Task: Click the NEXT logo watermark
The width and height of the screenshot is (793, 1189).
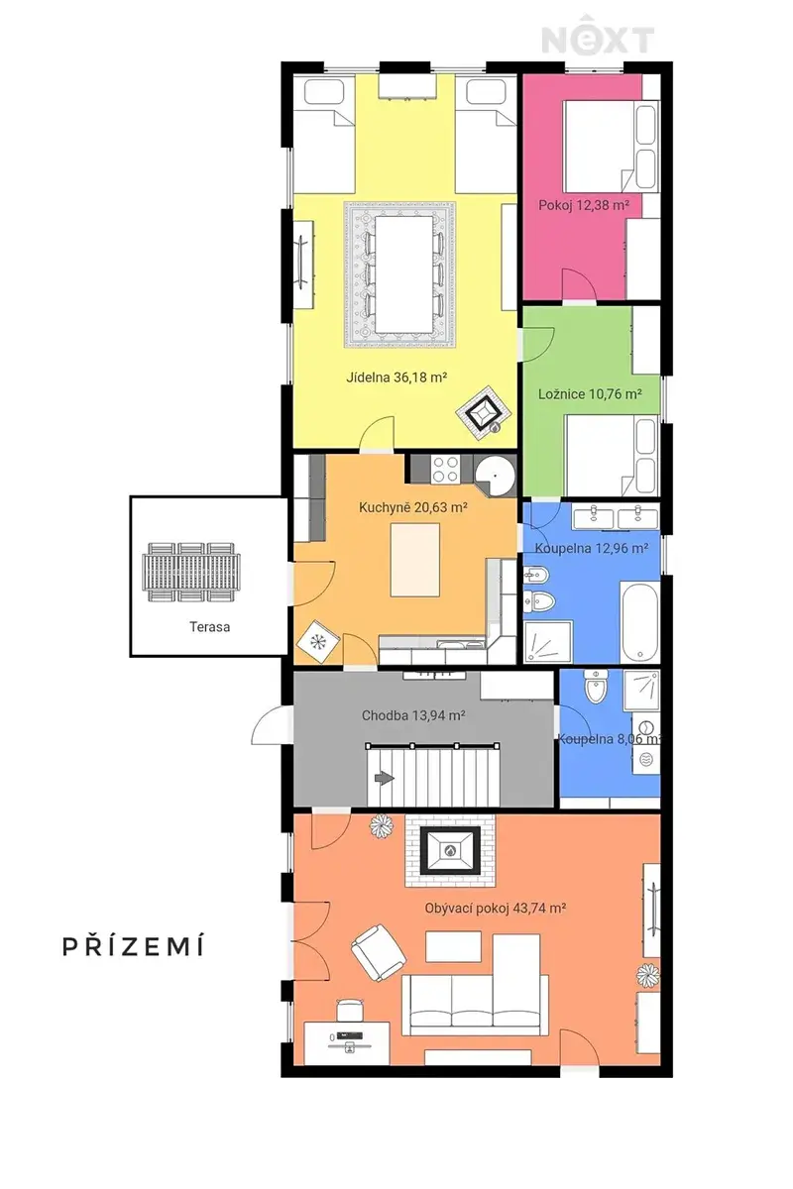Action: (x=597, y=36)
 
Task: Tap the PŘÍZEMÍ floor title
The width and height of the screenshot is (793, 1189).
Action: (x=133, y=946)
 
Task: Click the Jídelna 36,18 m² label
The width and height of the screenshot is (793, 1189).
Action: (x=396, y=378)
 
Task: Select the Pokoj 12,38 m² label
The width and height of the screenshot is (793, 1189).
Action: (x=584, y=205)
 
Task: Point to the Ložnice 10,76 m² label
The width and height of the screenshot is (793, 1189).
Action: (x=590, y=394)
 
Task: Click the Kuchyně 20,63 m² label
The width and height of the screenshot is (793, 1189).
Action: (x=412, y=507)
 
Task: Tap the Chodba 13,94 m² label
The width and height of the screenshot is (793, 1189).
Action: (x=413, y=715)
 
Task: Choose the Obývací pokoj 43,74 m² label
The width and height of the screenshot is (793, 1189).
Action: (x=495, y=909)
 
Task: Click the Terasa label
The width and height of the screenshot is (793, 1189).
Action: (x=210, y=627)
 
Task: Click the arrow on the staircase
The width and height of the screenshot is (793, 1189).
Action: (x=385, y=778)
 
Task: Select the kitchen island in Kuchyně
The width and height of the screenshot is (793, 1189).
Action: (x=414, y=560)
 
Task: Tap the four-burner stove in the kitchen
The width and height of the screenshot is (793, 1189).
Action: (x=445, y=469)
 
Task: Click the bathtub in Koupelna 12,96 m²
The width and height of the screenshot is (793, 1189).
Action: (x=640, y=621)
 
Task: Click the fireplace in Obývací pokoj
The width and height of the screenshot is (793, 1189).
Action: (x=450, y=850)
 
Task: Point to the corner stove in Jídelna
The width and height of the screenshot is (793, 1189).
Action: (x=485, y=413)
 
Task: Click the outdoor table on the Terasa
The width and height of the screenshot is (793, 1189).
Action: (x=190, y=573)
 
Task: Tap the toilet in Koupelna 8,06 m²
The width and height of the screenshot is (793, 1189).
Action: (x=594, y=687)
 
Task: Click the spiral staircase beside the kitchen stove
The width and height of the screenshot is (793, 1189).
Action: (x=494, y=476)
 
